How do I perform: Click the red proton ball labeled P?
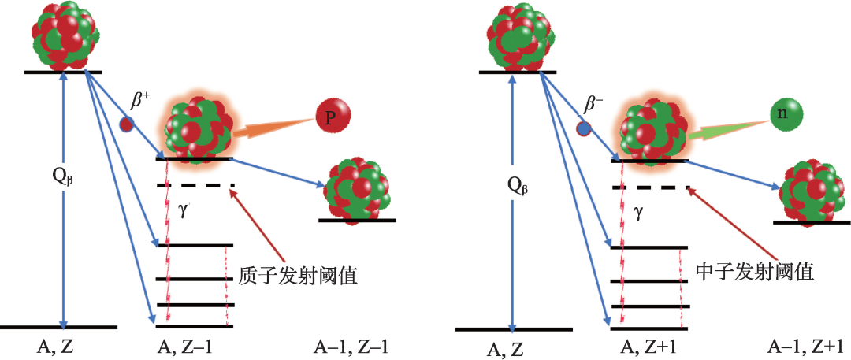coord(330,117)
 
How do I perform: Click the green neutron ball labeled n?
coord(786,115)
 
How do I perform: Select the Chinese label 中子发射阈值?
coord(755,273)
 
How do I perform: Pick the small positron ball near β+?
coord(125,124)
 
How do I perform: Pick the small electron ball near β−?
coord(582,128)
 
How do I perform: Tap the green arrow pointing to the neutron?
coord(729,128)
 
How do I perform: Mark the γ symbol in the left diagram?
coord(184,214)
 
